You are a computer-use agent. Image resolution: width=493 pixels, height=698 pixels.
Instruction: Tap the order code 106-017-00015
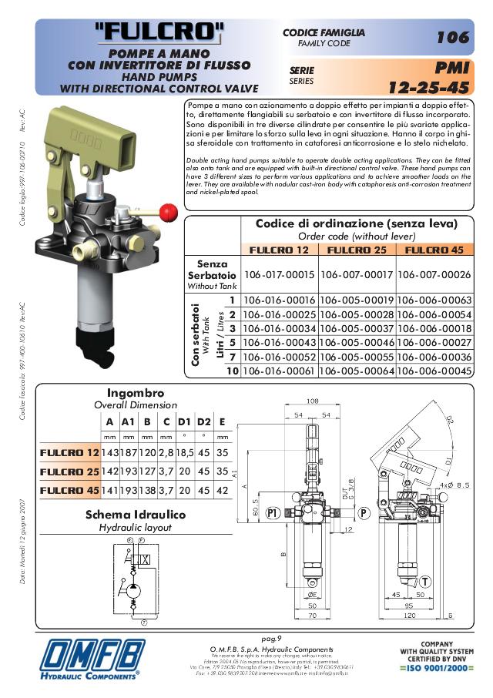(x=279, y=275)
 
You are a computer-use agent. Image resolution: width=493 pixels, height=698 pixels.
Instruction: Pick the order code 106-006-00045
(x=434, y=371)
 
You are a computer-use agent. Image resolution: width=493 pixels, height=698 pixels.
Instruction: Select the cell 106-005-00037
(x=357, y=329)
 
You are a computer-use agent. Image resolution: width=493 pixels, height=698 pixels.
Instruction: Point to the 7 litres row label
(x=230, y=357)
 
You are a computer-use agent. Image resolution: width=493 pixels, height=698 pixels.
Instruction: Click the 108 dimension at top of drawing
(x=313, y=401)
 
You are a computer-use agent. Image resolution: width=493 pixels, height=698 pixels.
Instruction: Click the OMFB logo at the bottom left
(x=92, y=659)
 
